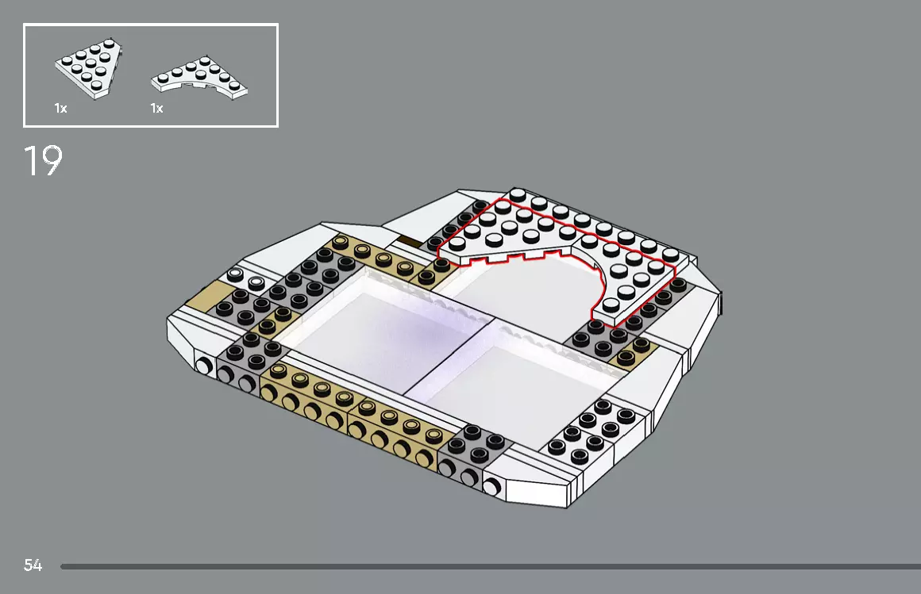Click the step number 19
[43, 161]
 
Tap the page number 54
[33, 565]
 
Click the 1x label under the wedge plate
[60, 108]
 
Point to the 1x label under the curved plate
[156, 108]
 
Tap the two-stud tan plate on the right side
[631, 352]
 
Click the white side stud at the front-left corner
[204, 366]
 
